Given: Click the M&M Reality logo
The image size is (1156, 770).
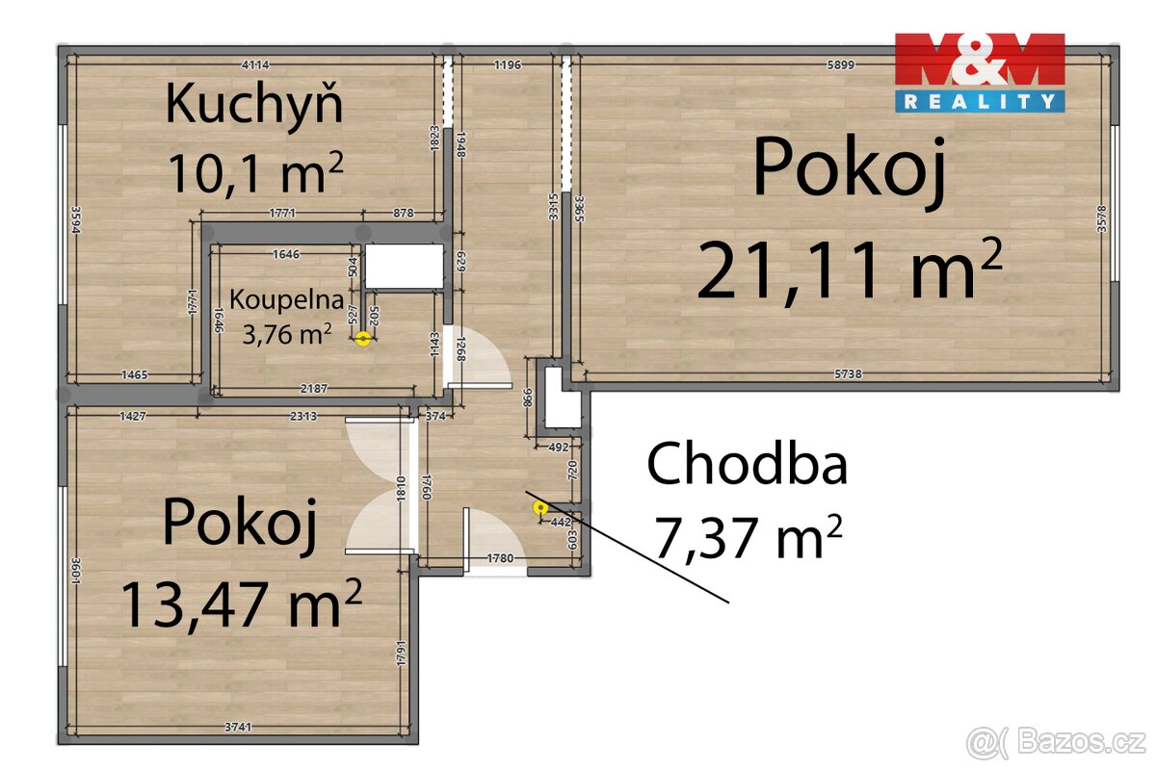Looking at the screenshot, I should click(x=980, y=72).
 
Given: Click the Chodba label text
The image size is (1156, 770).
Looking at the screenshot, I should click(x=747, y=465).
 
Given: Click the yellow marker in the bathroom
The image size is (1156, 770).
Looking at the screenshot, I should click(x=363, y=338).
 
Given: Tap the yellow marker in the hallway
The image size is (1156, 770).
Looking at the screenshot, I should click(x=540, y=507).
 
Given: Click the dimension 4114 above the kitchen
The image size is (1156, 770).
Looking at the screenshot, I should click(x=254, y=65).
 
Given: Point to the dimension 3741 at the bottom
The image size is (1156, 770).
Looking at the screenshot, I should click(x=237, y=727).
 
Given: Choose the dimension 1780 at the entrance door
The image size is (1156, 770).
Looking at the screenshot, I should click(x=500, y=557).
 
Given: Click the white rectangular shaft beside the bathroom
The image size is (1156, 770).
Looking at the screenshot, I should click(x=404, y=267).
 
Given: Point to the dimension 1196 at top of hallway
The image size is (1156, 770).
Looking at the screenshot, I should click(x=507, y=65).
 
